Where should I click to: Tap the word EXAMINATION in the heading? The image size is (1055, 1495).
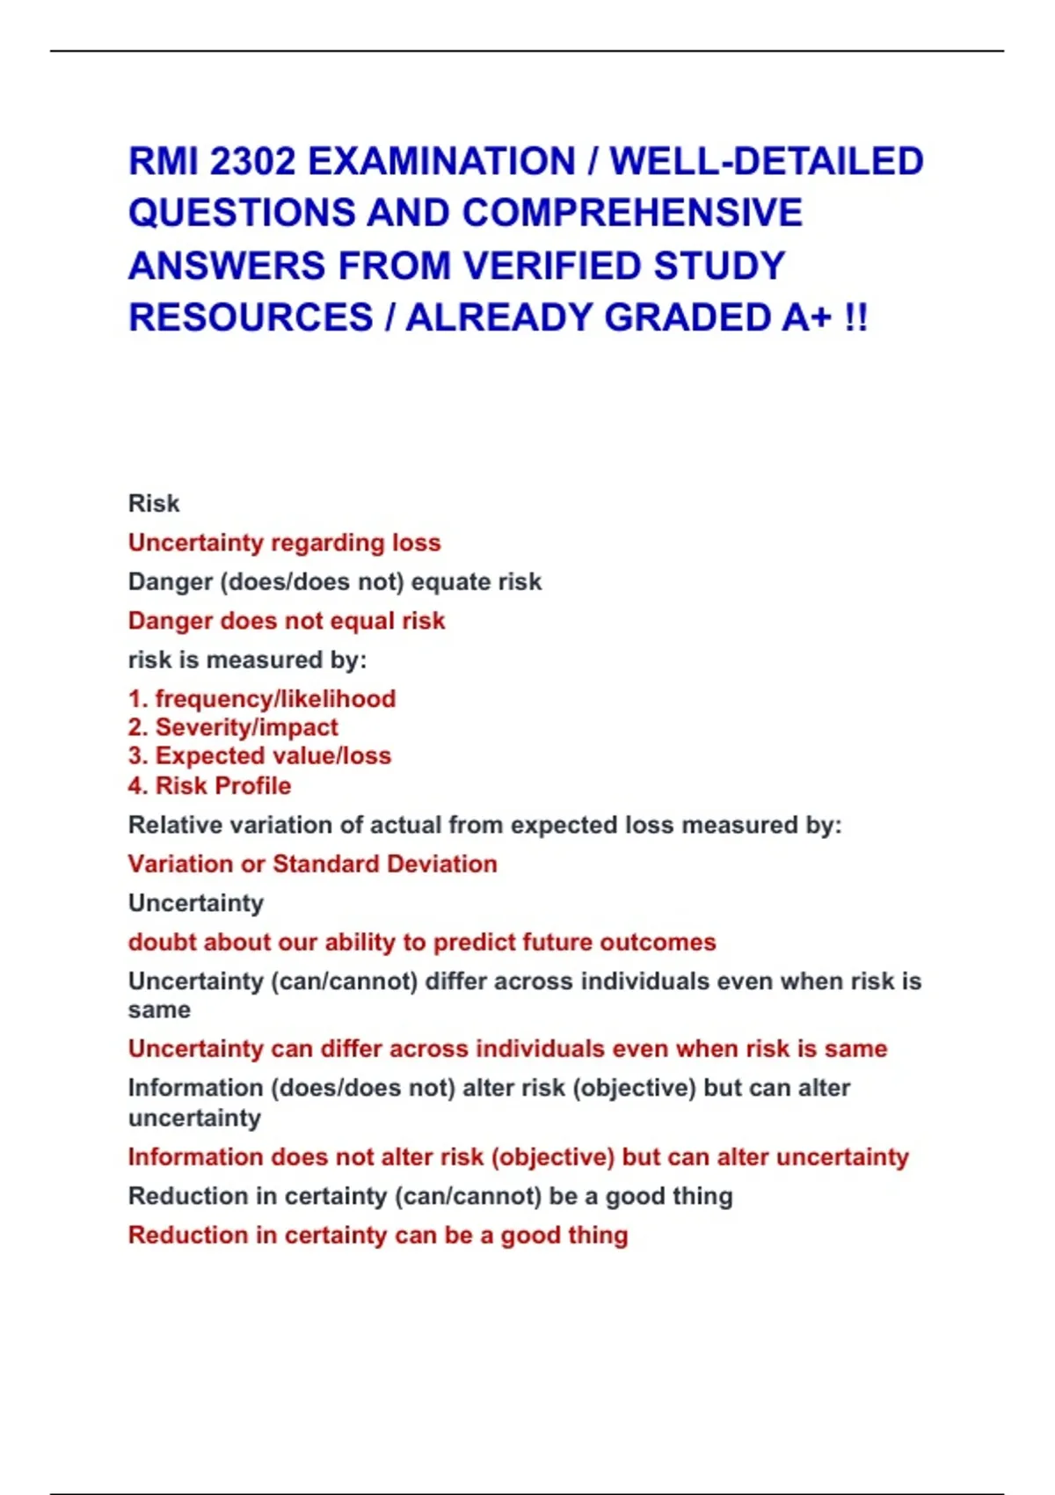pos(442,162)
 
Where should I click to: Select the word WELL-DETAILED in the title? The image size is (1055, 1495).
pos(767,162)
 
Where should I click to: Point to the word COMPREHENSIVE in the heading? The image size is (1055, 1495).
pos(632,214)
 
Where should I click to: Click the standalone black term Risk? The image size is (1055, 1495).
pos(154,504)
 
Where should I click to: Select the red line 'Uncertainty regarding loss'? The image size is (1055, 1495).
pos(284,543)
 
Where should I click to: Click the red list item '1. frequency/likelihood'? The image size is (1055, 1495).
pos(262,699)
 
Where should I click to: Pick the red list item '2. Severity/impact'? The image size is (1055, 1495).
pos(233,727)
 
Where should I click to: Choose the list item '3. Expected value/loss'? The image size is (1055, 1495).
pos(259,756)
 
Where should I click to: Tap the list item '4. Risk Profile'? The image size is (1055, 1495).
pos(209,785)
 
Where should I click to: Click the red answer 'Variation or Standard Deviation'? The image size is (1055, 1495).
pos(312,864)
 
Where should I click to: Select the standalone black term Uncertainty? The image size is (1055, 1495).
pos(195,903)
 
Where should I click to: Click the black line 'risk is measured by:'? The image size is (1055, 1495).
pos(247,660)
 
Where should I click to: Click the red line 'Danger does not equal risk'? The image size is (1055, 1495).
pos(287,621)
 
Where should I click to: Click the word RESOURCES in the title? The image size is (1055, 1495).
pos(251,317)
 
